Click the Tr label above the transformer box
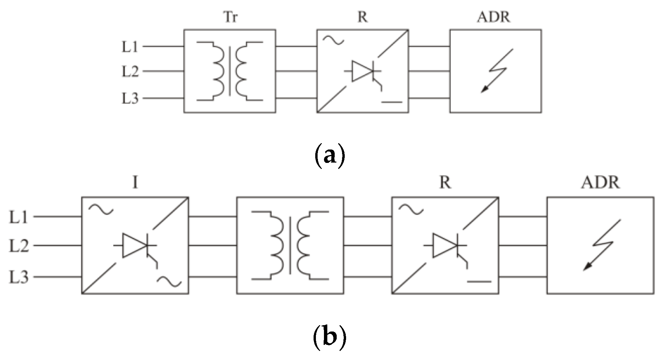230,17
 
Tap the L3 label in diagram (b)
18,277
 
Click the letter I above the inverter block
135,183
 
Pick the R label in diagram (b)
445,183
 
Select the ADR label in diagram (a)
494,17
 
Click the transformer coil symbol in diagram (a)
230,71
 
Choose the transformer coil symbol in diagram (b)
290,245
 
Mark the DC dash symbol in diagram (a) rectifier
391,102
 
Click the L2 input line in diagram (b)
57,246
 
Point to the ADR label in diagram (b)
600,183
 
